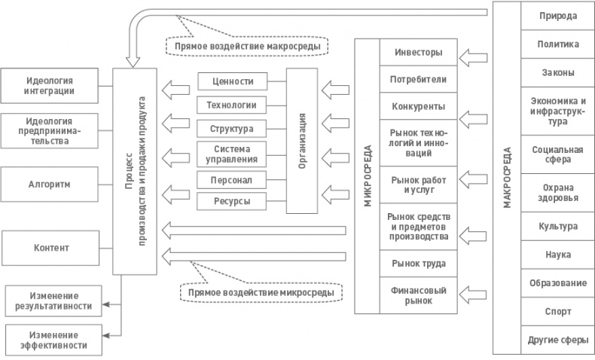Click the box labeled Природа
[x=557, y=16]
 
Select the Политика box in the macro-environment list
[x=557, y=44]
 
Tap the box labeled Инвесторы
[x=418, y=54]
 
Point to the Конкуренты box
[x=418, y=105]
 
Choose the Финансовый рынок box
[x=418, y=294]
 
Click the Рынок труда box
[x=418, y=264]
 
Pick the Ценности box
[x=234, y=81]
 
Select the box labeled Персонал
[x=234, y=181]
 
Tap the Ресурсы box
[x=234, y=202]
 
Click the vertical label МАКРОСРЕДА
[x=505, y=178]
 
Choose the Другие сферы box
[x=557, y=339]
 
